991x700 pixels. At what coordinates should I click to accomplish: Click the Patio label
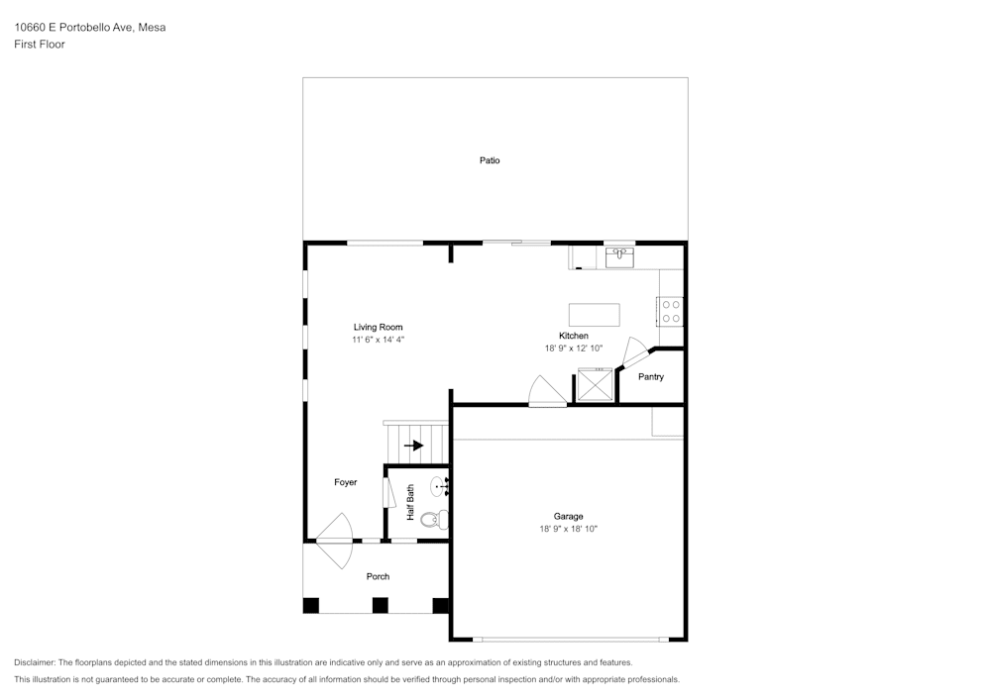tap(490, 160)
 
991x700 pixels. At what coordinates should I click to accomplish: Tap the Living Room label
tap(378, 327)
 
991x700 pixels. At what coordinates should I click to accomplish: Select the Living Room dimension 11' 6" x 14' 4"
tap(378, 340)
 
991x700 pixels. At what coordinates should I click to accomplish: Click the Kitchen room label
tap(573, 336)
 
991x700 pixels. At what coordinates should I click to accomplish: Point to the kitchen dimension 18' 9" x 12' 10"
tap(574, 349)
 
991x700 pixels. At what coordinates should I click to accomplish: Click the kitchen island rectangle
tap(594, 314)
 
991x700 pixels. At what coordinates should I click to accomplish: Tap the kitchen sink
tap(619, 257)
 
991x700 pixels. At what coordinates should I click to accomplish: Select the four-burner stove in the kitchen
tap(671, 312)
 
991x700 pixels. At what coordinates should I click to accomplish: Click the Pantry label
tap(651, 377)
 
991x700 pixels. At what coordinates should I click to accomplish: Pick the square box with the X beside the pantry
tap(596, 385)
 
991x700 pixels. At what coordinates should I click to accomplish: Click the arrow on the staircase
tap(413, 446)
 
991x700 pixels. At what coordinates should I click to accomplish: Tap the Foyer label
tap(346, 482)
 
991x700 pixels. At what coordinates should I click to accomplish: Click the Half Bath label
tap(410, 502)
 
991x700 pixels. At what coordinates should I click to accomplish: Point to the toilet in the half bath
tap(435, 520)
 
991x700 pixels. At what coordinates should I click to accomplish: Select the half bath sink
tap(440, 487)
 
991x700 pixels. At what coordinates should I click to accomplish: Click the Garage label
tap(568, 516)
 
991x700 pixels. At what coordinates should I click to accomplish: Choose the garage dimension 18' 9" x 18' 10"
tap(568, 529)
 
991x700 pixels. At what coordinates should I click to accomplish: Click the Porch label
tap(378, 576)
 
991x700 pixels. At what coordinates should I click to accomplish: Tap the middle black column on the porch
tap(380, 605)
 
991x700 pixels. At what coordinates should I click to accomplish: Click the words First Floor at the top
tap(40, 45)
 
